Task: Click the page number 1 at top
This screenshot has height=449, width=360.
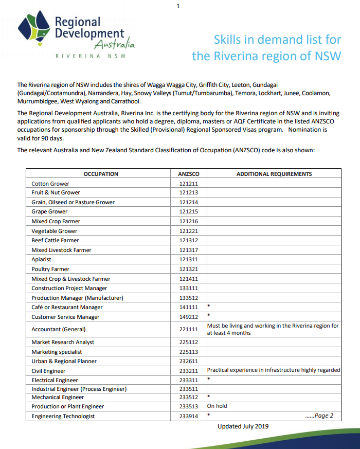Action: tap(178, 6)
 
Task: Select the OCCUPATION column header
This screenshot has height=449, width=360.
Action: tap(101, 174)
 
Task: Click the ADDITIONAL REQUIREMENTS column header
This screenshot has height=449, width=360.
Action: tap(274, 174)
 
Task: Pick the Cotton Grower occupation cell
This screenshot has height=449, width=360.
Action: tap(50, 184)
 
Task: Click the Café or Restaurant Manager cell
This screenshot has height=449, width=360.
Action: tap(67, 308)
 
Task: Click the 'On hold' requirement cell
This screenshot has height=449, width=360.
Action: tap(217, 406)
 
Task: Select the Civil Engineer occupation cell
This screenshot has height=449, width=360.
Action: tap(48, 371)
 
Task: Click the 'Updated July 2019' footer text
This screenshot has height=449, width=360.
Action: tap(243, 426)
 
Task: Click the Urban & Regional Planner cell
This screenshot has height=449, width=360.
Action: tap(64, 361)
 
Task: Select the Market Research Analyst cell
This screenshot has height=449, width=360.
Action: tap(63, 342)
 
